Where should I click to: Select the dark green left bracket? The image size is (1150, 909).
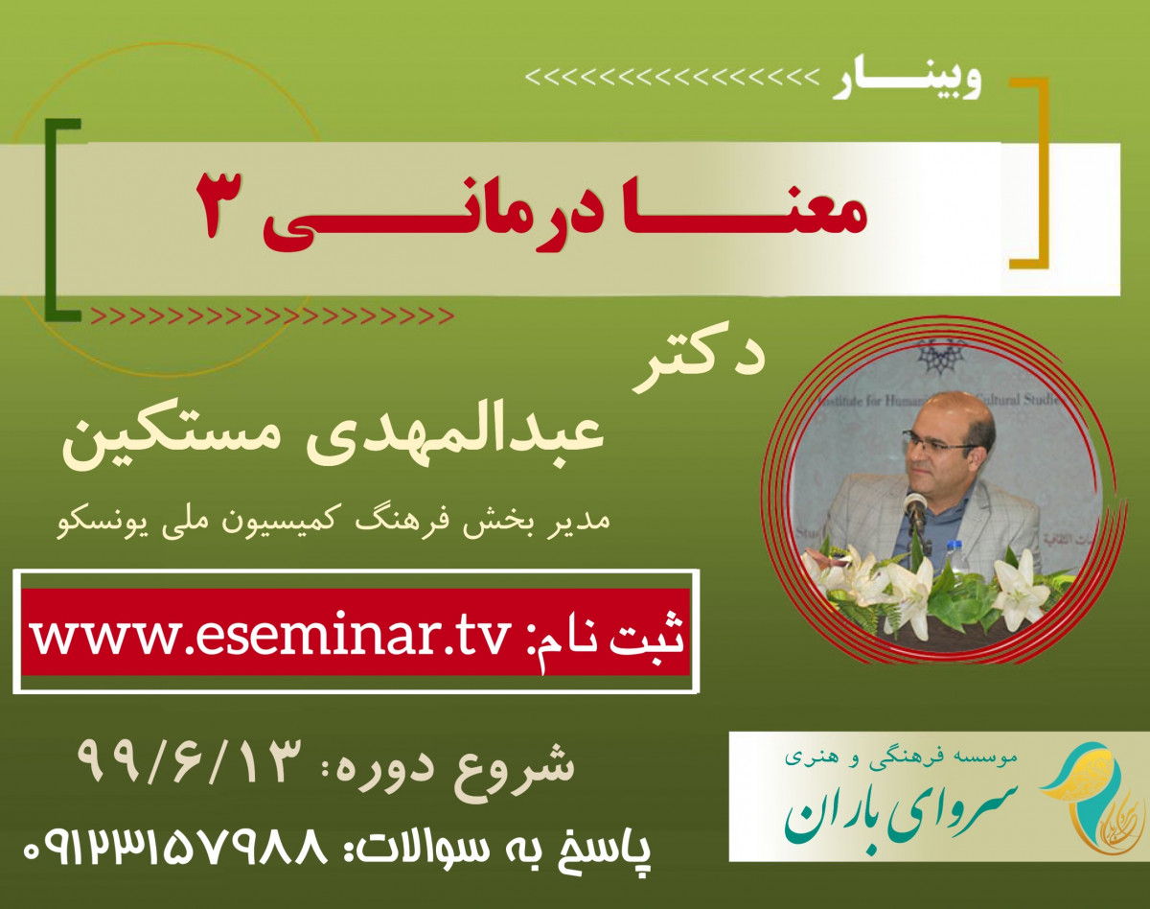tap(61, 219)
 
